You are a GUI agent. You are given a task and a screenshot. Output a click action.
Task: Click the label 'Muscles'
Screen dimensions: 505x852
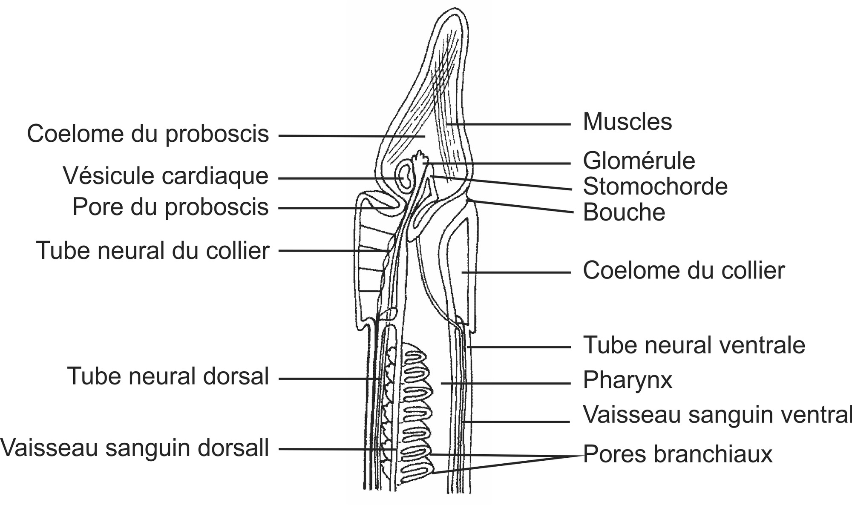tap(627, 122)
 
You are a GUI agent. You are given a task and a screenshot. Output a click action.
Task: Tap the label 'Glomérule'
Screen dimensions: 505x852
tap(639, 161)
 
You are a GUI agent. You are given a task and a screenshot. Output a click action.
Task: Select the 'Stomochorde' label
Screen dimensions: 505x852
tap(655, 187)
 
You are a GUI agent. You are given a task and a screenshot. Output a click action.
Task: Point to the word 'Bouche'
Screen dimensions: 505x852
tap(624, 212)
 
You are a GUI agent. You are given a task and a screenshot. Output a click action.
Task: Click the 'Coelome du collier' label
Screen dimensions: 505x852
tap(683, 271)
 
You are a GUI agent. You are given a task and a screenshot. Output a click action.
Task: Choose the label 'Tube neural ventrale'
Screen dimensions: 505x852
tap(694, 345)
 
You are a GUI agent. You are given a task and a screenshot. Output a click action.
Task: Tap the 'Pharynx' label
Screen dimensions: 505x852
tap(627, 380)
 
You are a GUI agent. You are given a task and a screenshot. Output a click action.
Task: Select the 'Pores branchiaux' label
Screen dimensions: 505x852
tap(677, 454)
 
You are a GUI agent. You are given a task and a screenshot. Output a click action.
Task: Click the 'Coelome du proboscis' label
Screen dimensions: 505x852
tap(148, 134)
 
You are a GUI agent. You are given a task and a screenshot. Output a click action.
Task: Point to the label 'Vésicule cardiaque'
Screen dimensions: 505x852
tap(166, 176)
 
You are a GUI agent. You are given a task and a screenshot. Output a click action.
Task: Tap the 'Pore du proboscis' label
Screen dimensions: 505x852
tap(170, 207)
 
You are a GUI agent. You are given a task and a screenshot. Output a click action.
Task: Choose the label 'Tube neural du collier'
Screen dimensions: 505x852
tap(153, 250)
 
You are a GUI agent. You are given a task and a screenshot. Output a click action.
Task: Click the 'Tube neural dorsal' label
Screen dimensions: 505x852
tap(168, 376)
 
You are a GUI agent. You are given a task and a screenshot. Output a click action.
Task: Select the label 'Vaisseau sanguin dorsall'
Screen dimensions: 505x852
tap(135, 448)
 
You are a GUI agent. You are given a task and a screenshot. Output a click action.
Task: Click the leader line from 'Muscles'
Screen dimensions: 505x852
tap(511, 124)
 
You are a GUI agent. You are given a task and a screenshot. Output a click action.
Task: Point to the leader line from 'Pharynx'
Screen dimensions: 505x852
tap(507, 384)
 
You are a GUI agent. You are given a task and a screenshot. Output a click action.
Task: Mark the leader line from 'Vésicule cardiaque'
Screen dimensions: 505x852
tap(337, 178)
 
